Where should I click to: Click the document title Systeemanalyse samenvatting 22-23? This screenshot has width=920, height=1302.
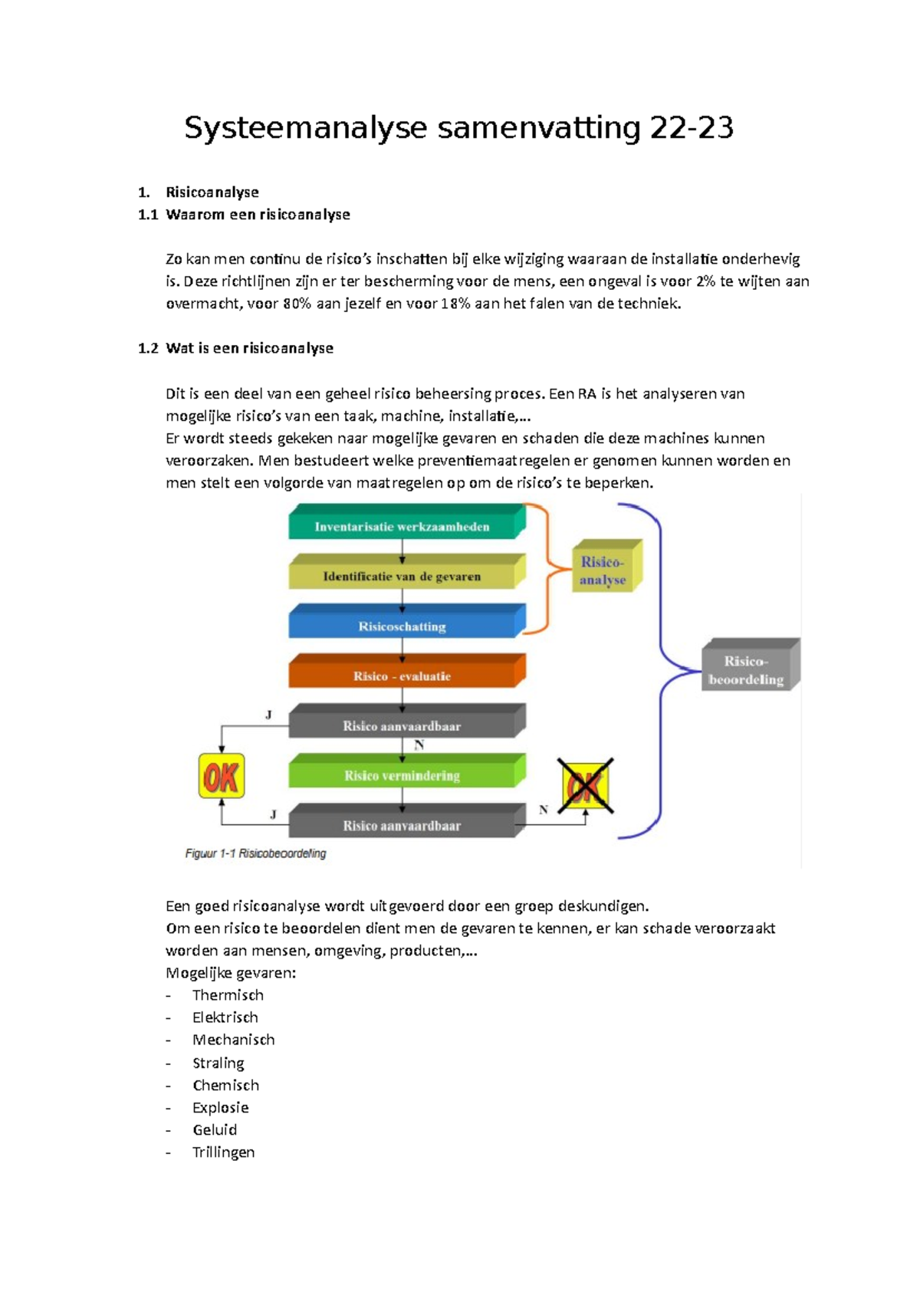pyautogui.click(x=458, y=128)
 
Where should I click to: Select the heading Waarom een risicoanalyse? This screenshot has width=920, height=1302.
pyautogui.click(x=258, y=215)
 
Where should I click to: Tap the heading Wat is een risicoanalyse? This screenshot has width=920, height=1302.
pyautogui.click(x=249, y=348)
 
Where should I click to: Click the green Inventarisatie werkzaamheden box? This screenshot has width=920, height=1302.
pyautogui.click(x=402, y=526)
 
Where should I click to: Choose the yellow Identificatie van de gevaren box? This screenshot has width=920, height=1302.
pyautogui.click(x=402, y=576)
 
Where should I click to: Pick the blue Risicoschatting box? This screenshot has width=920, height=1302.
pyautogui.click(x=402, y=626)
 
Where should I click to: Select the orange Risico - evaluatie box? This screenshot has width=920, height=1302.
pyautogui.click(x=402, y=676)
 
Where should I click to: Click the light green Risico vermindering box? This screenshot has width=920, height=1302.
pyautogui.click(x=402, y=775)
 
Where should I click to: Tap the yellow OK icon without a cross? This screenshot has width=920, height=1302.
pyautogui.click(x=222, y=776)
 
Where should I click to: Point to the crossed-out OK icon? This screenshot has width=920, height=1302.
pyautogui.click(x=586, y=786)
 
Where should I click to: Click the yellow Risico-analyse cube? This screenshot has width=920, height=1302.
pyautogui.click(x=603, y=570)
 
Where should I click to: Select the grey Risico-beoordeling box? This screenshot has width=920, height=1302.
pyautogui.click(x=747, y=669)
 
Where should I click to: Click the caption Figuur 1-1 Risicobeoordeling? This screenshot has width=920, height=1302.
pyautogui.click(x=255, y=853)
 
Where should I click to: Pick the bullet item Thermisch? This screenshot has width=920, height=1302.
pyautogui.click(x=228, y=995)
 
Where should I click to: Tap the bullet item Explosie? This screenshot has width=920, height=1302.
pyautogui.click(x=220, y=1107)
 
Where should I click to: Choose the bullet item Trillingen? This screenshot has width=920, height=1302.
pyautogui.click(x=223, y=1152)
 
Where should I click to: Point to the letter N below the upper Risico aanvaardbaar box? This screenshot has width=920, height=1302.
pyautogui.click(x=419, y=745)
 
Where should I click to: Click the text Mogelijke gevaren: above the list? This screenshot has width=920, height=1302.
pyautogui.click(x=231, y=973)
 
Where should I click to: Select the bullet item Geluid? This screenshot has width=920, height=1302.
pyautogui.click(x=215, y=1129)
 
